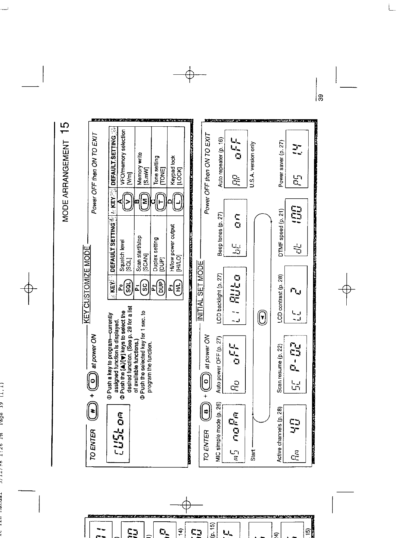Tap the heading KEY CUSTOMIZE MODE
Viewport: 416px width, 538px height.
[87, 285]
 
